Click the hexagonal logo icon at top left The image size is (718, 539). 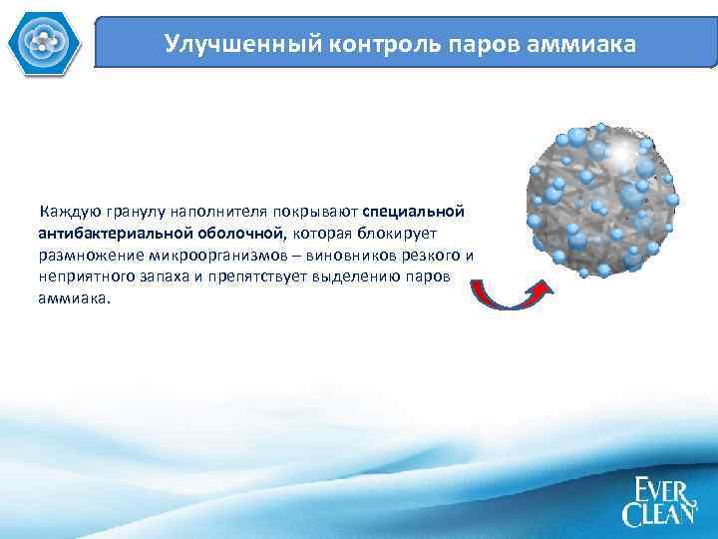click(x=41, y=41)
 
